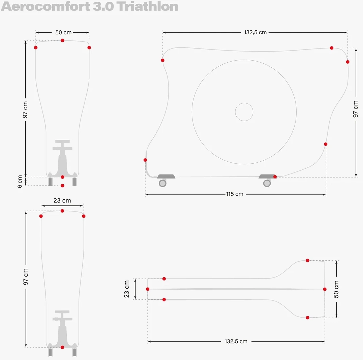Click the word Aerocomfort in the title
click(x=46, y=6)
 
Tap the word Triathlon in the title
click(x=148, y=6)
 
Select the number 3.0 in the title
click(x=103, y=6)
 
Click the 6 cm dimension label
click(x=20, y=182)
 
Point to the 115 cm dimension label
click(x=235, y=194)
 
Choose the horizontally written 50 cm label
click(x=63, y=32)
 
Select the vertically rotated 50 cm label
click(x=336, y=289)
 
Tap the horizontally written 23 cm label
click(x=62, y=200)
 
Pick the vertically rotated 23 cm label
click(x=126, y=289)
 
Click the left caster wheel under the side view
click(x=162, y=183)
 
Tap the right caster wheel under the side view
click(x=267, y=183)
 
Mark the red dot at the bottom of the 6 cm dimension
click(x=62, y=186)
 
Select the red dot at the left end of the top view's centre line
click(x=148, y=289)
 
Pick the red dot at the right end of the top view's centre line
click(x=325, y=289)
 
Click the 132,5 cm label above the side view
click(x=255, y=32)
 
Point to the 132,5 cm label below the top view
click(x=236, y=341)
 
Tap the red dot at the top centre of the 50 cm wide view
click(x=62, y=40)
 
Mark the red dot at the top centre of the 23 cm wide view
click(x=62, y=211)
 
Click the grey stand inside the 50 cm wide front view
click(x=62, y=159)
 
